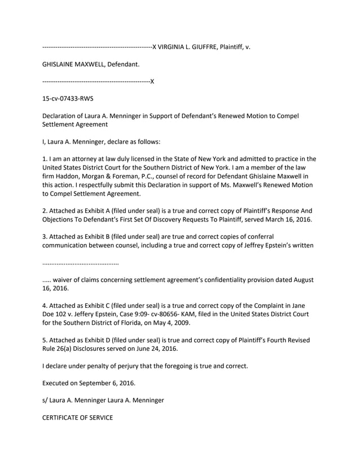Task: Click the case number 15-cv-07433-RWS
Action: tap(68, 99)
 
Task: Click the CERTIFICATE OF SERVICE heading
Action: tap(78, 417)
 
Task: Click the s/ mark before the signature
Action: tap(46, 400)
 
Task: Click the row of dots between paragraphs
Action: tap(81, 263)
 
